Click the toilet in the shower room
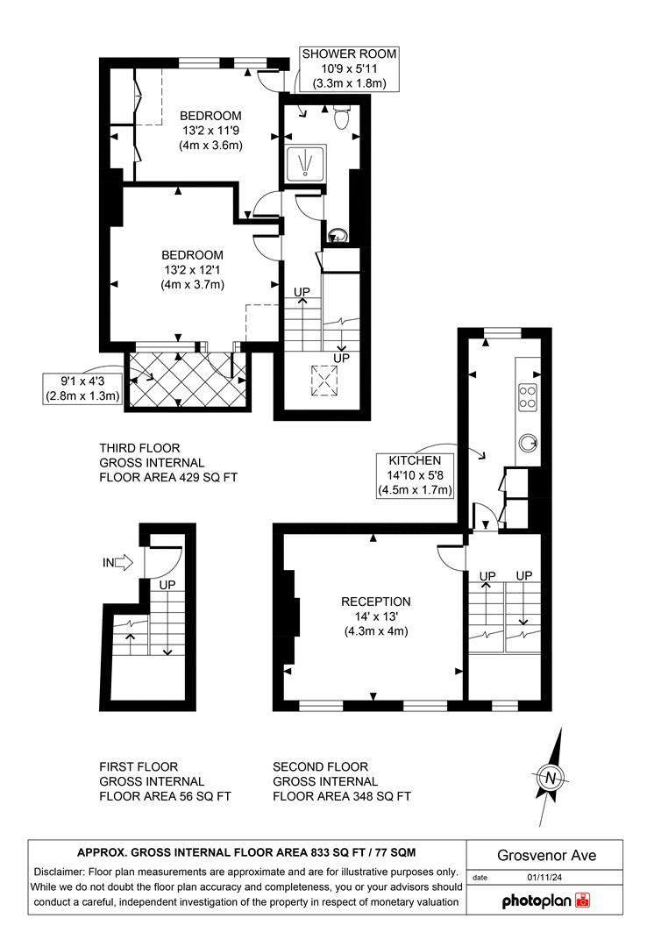(x=343, y=117)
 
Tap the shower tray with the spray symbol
(x=306, y=162)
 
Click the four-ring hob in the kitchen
(x=528, y=396)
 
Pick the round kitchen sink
(x=530, y=441)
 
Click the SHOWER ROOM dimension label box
(x=349, y=69)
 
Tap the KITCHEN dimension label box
(x=416, y=475)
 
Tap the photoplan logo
(x=546, y=901)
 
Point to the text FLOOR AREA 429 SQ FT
(x=168, y=478)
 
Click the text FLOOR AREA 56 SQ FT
(x=165, y=796)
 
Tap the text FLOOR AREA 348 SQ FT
(x=342, y=796)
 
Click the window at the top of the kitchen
(x=502, y=331)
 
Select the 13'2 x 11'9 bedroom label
(x=210, y=131)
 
